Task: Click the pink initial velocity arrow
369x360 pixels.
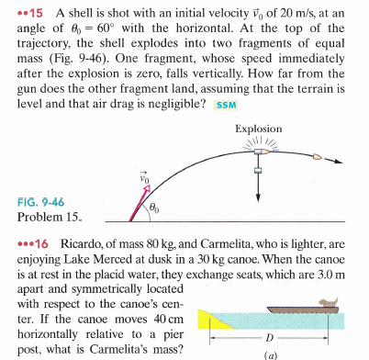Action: (125, 208)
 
